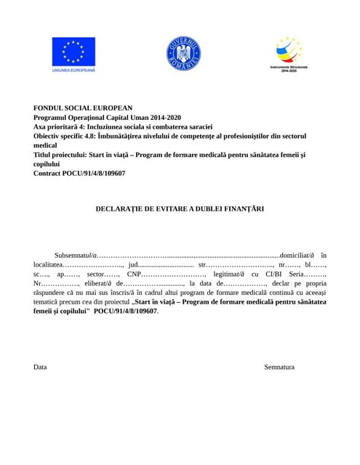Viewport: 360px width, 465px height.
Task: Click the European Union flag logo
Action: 73,51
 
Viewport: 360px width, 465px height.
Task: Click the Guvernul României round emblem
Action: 183,53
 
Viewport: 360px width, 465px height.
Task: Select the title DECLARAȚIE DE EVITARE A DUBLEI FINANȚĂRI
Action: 180,209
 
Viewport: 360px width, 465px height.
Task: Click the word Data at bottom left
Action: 40,367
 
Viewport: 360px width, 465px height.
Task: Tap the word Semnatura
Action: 279,367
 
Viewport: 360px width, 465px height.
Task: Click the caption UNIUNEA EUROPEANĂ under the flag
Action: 73,70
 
